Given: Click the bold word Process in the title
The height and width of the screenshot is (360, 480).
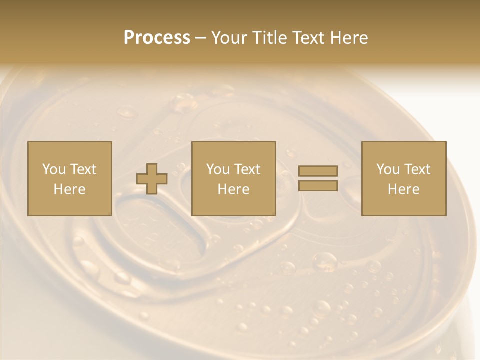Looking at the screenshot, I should click(x=157, y=38).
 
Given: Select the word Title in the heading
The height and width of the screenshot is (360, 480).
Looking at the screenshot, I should click(x=270, y=38).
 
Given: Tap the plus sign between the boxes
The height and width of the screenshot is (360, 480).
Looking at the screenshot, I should click(x=152, y=179).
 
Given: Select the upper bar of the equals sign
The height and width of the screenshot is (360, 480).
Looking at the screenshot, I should click(x=318, y=171).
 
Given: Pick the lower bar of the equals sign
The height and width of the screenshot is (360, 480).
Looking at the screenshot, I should click(x=318, y=186).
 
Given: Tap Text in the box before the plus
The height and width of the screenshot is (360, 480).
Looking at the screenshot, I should click(x=83, y=169).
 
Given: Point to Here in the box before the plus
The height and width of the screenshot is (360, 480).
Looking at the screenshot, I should click(x=70, y=189).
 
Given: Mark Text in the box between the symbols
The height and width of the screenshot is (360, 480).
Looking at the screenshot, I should click(x=247, y=169).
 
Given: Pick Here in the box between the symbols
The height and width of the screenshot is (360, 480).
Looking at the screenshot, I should click(x=234, y=189).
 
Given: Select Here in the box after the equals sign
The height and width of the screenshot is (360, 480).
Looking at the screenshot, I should click(x=404, y=189).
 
